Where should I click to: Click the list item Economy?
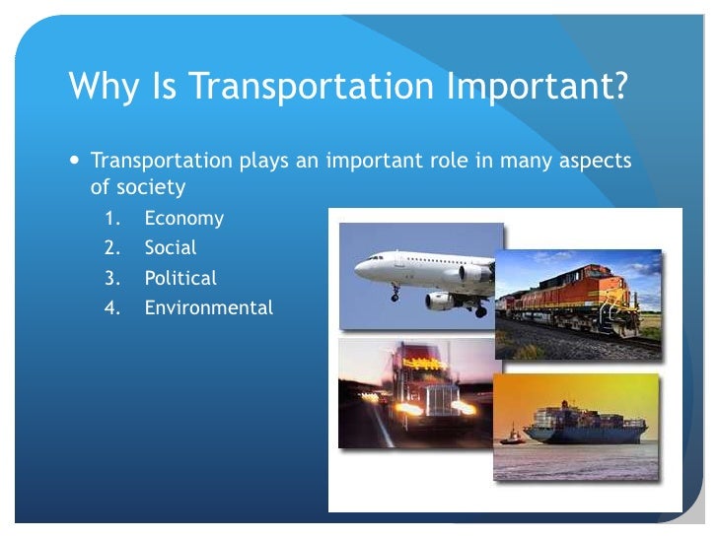[x=183, y=219]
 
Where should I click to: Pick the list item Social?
[x=171, y=248]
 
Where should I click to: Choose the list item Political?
[x=180, y=278]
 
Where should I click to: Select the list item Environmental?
[x=208, y=307]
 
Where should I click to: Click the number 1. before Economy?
[x=113, y=219]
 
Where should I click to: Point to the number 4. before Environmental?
[x=113, y=307]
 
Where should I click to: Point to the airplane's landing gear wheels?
[x=395, y=295]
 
